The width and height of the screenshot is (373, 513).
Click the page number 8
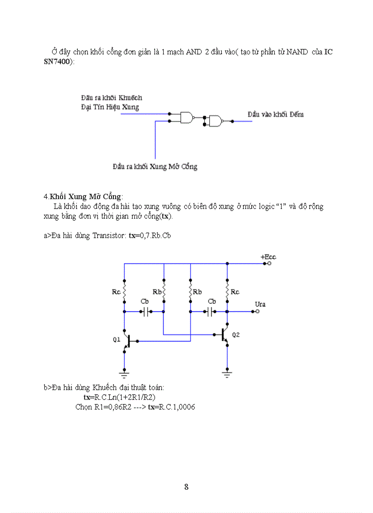pos(186,487)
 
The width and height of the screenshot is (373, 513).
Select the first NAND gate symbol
pos(187,118)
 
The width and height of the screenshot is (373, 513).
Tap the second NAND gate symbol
pos(215,121)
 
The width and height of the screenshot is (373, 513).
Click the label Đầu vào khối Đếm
pos(275,114)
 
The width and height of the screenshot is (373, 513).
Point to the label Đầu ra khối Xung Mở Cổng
pos(155,166)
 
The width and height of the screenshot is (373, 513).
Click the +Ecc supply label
pos(268,257)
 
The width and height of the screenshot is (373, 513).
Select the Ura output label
pos(260,304)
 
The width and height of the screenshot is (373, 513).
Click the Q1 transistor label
pos(117,340)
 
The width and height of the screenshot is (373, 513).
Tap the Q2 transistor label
pos(235,335)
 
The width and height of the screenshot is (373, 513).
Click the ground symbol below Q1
pos(124,374)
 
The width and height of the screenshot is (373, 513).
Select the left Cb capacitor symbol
pos(146,312)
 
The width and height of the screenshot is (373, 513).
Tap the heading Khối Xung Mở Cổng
pos(85,196)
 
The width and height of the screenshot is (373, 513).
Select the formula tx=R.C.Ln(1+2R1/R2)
pos(119,397)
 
